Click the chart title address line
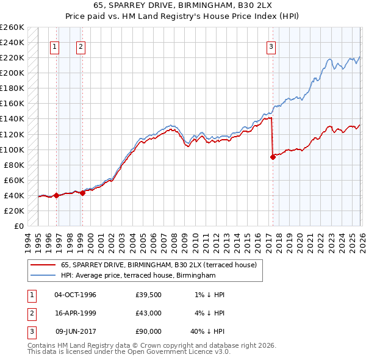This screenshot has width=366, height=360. point(183,5)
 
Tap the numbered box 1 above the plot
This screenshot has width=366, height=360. point(55,46)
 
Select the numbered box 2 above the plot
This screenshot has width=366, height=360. point(81,46)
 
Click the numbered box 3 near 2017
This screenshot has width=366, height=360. point(271,46)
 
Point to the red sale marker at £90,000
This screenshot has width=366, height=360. point(273,157)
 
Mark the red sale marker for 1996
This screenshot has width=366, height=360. point(56,196)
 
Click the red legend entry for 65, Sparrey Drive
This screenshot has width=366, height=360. point(162,265)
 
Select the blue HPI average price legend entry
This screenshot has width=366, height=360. point(138,276)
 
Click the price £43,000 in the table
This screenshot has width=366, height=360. point(149,313)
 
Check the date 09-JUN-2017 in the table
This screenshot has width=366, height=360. point(75,331)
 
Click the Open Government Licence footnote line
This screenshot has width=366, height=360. point(129,351)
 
